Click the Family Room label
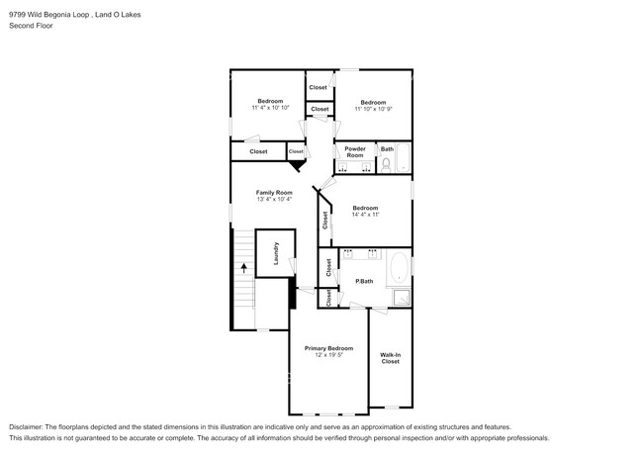click(274, 192)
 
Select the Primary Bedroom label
click(328, 348)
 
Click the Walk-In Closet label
click(391, 358)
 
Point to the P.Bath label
click(364, 282)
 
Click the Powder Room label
click(354, 152)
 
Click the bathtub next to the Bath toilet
click(404, 158)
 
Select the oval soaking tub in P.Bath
click(398, 268)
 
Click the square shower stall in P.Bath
click(402, 298)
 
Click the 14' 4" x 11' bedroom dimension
click(365, 215)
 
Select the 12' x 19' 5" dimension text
click(328, 355)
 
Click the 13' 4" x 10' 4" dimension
click(274, 199)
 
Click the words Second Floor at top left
click(32, 25)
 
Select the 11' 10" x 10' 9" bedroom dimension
click(373, 108)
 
